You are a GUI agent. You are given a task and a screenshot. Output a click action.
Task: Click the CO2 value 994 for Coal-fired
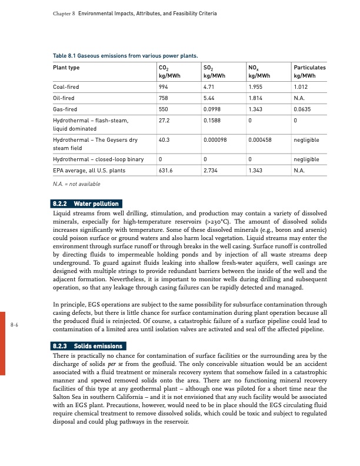[x=164, y=88]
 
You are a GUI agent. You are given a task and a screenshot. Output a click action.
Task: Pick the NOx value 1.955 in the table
[x=255, y=88]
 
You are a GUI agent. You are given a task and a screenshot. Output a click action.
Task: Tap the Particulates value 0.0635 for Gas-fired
[x=302, y=109]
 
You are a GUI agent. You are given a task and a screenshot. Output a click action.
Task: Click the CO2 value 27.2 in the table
[x=165, y=120]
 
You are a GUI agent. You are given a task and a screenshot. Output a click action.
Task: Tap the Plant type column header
[x=66, y=68]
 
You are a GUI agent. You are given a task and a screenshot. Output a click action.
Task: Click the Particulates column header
[x=309, y=68]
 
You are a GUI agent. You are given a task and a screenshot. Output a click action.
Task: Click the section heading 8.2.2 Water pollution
[x=86, y=204]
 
